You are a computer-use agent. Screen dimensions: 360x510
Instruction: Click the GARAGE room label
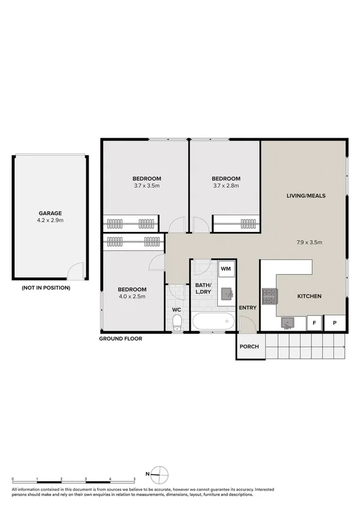[x=50, y=213]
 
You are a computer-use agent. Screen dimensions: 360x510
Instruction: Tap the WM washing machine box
[x=226, y=269]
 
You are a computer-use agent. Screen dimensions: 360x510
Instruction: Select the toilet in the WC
[x=177, y=322]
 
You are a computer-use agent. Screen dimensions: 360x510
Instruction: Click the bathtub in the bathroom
[x=213, y=322]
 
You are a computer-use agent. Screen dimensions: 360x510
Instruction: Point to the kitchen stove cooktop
[x=269, y=296]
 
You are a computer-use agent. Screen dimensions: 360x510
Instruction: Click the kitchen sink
[x=287, y=323]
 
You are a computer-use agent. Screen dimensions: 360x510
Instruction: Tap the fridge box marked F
[x=314, y=323]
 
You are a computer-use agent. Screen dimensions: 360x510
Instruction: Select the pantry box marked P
[x=335, y=323]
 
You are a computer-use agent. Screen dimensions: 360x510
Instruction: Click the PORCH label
[x=249, y=346]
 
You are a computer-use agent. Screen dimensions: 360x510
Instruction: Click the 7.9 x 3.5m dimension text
[x=309, y=243]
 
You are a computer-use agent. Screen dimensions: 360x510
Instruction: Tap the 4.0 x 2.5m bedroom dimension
[x=132, y=296]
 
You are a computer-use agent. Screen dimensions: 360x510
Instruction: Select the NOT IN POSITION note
[x=46, y=288]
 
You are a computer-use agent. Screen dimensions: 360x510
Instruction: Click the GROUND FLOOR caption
[x=121, y=338]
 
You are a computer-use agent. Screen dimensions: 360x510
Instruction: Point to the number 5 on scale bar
[x=134, y=479]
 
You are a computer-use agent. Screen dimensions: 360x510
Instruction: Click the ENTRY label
[x=248, y=307]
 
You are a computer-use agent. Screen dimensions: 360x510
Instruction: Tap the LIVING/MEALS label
[x=306, y=196]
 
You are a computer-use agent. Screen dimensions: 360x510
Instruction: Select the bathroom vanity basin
[x=227, y=294]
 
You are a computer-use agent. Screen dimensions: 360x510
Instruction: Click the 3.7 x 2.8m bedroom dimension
[x=226, y=186]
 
